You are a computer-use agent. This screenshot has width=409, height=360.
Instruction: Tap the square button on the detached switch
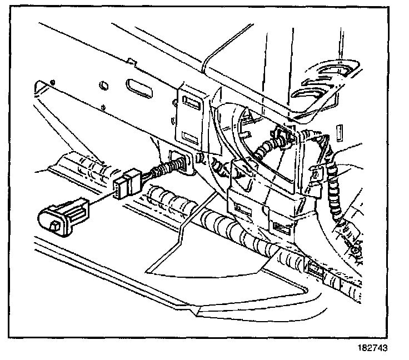[x=55, y=224]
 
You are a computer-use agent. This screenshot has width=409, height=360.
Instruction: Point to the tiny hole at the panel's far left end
[x=51, y=83]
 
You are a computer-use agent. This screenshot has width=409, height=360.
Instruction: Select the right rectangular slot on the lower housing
[x=280, y=227]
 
